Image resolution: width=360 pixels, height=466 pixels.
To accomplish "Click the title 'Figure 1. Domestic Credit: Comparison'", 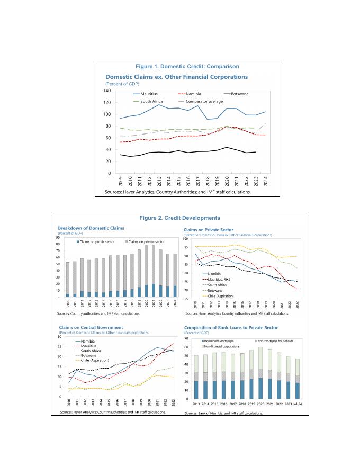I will tap(179, 67).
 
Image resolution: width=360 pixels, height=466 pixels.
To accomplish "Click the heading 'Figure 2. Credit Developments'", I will tap(179, 218).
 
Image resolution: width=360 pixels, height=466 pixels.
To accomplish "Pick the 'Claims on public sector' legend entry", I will tap(97, 241).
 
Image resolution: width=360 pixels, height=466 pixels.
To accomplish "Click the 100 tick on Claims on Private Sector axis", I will tap(186, 239).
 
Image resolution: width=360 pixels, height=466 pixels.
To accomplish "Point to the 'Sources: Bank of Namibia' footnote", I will tap(223, 413).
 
